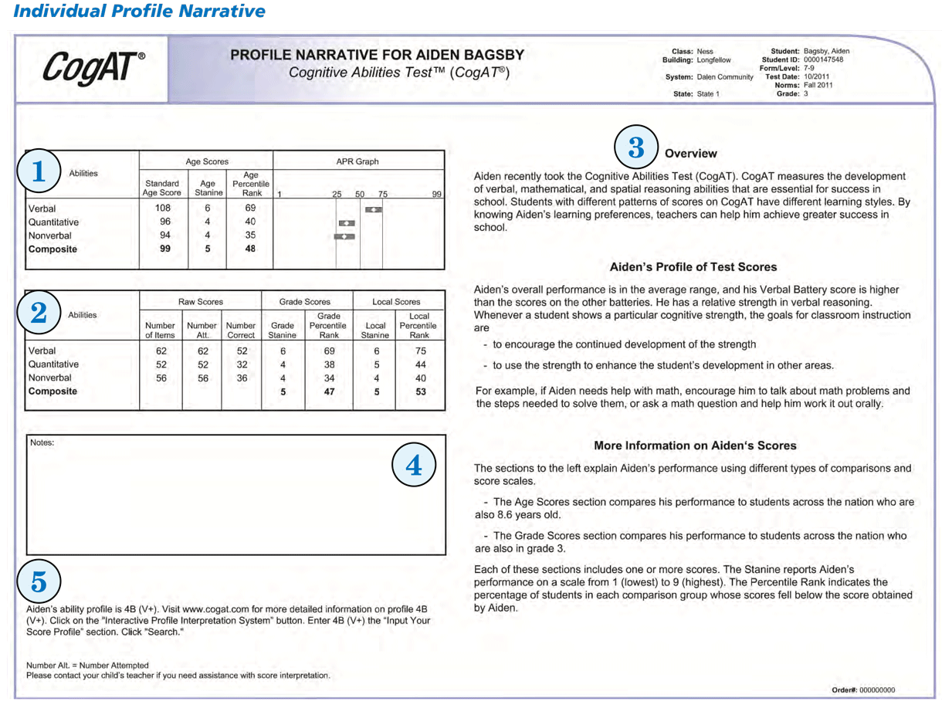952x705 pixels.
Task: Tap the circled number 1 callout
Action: coord(38,172)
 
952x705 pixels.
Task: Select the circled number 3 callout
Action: coord(635,148)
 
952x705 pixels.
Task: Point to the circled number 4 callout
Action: coord(414,466)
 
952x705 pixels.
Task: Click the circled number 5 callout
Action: coord(38,583)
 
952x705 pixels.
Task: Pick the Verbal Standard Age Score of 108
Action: coord(163,208)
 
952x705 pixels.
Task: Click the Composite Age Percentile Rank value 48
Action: coord(250,249)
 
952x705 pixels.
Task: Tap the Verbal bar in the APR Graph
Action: coord(373,209)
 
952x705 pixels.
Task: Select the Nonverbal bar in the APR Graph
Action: coord(344,236)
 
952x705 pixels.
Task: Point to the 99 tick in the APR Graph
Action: coord(436,195)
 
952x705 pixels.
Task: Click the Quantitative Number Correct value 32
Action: coord(241,364)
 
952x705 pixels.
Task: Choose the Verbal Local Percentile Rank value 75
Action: coord(419,351)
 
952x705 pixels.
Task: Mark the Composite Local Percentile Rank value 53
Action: coord(419,391)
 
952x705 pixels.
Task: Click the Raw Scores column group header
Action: coord(200,302)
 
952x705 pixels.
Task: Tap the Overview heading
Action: coord(690,154)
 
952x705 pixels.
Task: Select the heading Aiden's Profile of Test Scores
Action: coord(693,267)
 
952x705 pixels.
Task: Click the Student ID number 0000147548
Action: coord(823,59)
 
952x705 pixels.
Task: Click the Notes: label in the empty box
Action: coord(42,442)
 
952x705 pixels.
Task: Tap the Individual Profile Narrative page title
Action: coord(139,12)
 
